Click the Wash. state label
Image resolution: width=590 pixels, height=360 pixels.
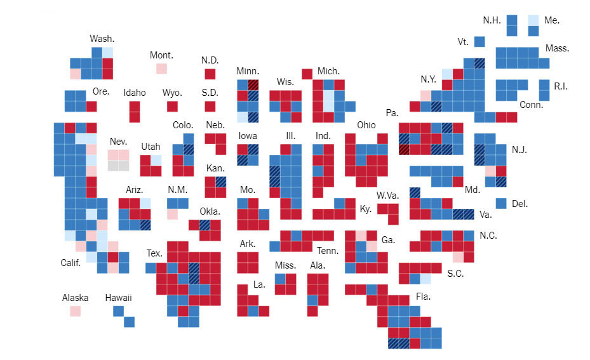pyautogui.click(x=102, y=39)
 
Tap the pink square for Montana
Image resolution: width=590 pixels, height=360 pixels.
pyautogui.click(x=161, y=68)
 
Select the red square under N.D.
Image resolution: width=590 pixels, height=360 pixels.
pyautogui.click(x=210, y=74)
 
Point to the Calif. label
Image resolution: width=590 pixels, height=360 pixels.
pyautogui.click(x=70, y=263)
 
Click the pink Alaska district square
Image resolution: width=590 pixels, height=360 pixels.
pyautogui.click(x=76, y=311)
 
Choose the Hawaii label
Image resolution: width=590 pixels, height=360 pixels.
pyautogui.click(x=119, y=297)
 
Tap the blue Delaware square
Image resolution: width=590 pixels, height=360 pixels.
pyautogui.click(x=501, y=203)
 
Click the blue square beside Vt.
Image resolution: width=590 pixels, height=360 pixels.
pyautogui.click(x=479, y=41)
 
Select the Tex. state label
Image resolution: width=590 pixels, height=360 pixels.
pyautogui.click(x=154, y=253)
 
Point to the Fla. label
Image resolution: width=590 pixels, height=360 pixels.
pyautogui.click(x=423, y=297)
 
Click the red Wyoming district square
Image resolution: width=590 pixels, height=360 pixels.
pyautogui.click(x=172, y=106)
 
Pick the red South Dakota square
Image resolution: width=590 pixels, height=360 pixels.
pyautogui.click(x=210, y=106)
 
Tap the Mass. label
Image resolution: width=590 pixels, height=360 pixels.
pyautogui.click(x=557, y=48)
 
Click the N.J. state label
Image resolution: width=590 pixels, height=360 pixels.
pyautogui.click(x=519, y=150)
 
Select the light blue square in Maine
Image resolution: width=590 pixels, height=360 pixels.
pyautogui.click(x=533, y=20)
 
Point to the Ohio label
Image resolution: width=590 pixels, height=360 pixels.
pyautogui.click(x=366, y=124)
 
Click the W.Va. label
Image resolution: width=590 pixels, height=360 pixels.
pyautogui.click(x=387, y=194)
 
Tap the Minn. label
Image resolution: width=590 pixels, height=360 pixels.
pyautogui.click(x=247, y=70)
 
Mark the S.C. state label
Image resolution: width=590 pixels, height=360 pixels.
pyautogui.click(x=455, y=274)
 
